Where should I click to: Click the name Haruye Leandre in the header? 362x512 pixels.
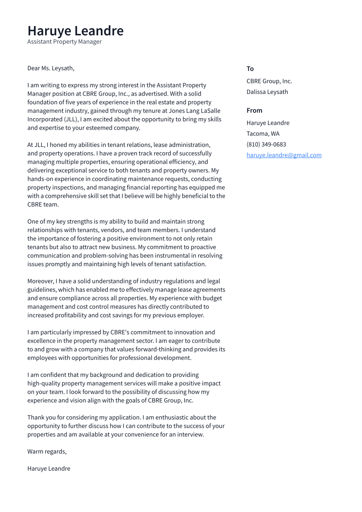coord(75,31)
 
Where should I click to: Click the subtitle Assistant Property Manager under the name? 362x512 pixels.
coord(64,42)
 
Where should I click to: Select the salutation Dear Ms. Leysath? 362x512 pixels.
coord(51,68)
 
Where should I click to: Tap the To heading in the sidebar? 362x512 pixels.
coord(250,69)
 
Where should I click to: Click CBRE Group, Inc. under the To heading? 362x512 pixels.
coord(269,81)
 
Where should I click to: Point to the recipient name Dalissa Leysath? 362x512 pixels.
coord(267,92)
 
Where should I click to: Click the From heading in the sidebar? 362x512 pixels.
coord(254,110)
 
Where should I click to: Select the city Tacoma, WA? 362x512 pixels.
coord(263,134)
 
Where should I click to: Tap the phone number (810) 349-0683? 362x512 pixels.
coord(266,145)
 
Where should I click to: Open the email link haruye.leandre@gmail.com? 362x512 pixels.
coord(284,155)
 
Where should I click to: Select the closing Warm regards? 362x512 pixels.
coord(47,452)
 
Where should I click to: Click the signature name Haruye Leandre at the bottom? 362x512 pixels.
coord(49,469)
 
